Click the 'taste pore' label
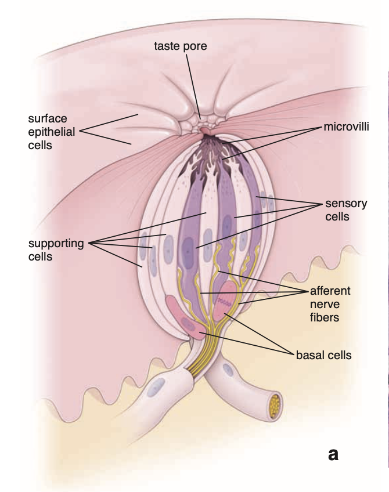(x=180, y=46)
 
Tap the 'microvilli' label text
(x=346, y=126)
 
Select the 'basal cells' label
(x=324, y=355)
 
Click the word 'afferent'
(x=330, y=291)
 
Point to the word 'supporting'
(x=56, y=244)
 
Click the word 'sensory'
(x=346, y=204)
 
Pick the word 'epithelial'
(x=52, y=132)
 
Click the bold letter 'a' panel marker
(x=333, y=454)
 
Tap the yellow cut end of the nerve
(x=275, y=406)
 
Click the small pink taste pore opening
(x=205, y=130)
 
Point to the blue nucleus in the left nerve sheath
(x=157, y=387)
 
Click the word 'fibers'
(x=325, y=317)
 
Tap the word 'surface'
(x=48, y=118)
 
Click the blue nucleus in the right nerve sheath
(x=228, y=370)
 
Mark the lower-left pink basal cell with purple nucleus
(x=186, y=317)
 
